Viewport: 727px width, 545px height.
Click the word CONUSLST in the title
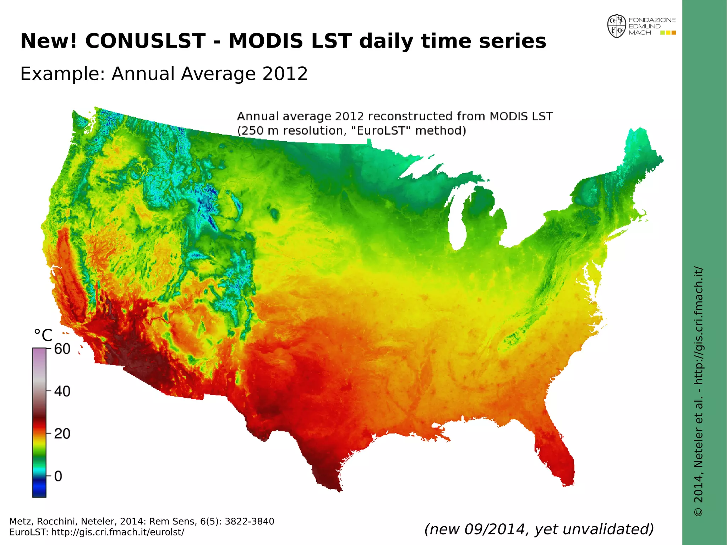click(x=145, y=41)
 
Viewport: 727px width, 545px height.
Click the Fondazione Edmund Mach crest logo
click(x=617, y=26)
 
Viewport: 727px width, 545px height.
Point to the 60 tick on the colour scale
click(x=62, y=349)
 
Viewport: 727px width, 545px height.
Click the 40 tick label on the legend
click(x=62, y=391)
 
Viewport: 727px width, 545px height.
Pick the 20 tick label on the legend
click(x=62, y=434)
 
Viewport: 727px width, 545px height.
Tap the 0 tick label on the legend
click(x=58, y=476)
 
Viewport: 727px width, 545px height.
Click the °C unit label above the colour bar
click(x=43, y=335)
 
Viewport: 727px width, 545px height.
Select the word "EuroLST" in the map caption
click(x=381, y=131)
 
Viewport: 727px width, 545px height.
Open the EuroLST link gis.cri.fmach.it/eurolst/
click(x=118, y=532)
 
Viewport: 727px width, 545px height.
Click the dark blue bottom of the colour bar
click(x=39, y=492)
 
